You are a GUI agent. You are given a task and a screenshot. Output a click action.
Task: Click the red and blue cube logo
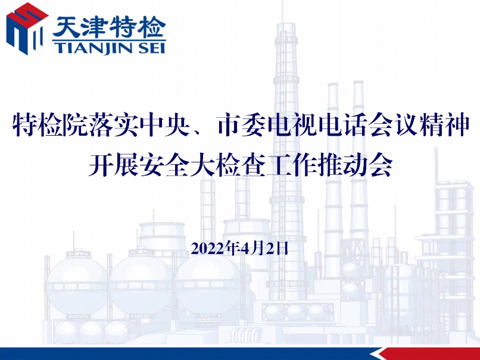coord(26,29)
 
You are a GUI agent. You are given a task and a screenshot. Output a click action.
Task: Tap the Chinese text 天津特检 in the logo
coord(108,26)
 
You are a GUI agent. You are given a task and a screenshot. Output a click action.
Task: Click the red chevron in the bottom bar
coord(426,354)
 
